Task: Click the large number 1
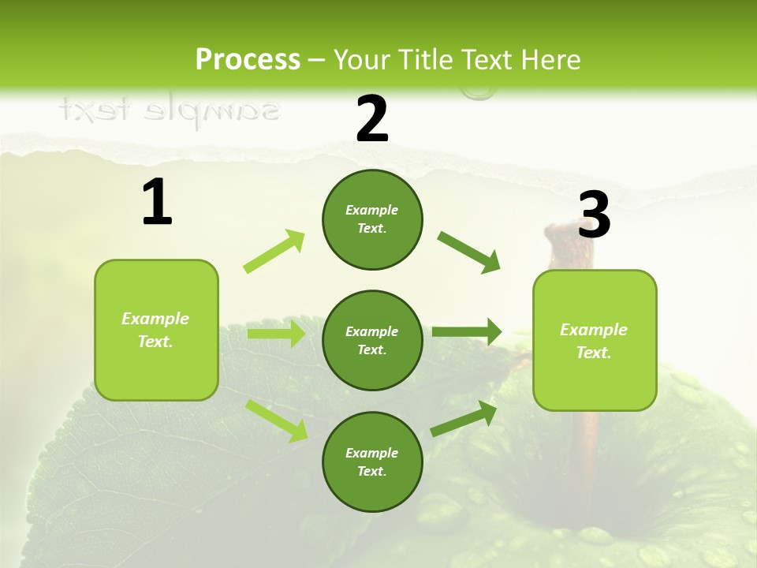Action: pos(157,203)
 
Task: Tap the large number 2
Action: pos(372,119)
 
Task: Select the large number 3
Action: pos(594,215)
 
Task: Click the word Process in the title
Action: pos(248,59)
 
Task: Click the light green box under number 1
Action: pos(156,330)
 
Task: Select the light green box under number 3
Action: pos(595,340)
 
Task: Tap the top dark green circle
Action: pos(372,219)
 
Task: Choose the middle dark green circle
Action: pos(372,340)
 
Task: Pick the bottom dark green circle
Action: pos(372,461)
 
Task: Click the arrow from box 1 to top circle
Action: pos(274,252)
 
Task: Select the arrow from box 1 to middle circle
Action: pos(276,334)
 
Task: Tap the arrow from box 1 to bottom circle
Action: pos(277,420)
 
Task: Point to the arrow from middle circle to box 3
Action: pos(467,332)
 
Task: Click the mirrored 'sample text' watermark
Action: pos(169,110)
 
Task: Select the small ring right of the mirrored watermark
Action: pos(477,93)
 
